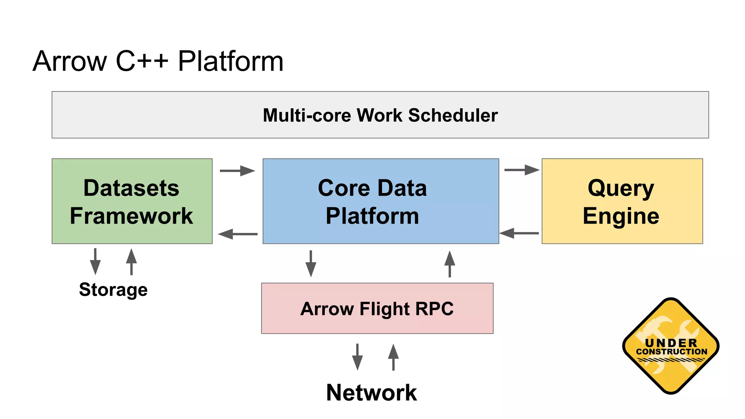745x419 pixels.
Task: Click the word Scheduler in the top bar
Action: coord(453,115)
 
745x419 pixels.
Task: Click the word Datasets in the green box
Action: coord(131,188)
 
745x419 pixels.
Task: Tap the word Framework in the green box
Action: coord(131,216)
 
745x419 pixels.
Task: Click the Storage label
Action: coord(113,290)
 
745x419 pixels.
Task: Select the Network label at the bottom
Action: coord(371,393)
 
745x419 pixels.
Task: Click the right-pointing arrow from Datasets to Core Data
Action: coord(238,171)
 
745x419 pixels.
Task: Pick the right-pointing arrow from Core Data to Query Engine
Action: coord(522,170)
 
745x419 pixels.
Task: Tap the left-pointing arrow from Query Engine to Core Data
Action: coord(519,233)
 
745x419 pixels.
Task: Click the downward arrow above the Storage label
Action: coord(95,262)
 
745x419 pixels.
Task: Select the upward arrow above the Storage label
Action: coord(131,262)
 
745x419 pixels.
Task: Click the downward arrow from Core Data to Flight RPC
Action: coord(311,264)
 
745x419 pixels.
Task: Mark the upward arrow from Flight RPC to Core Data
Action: coord(450,264)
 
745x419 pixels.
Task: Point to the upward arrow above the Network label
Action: coord(393,357)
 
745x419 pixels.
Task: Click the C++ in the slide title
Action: coord(142,61)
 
